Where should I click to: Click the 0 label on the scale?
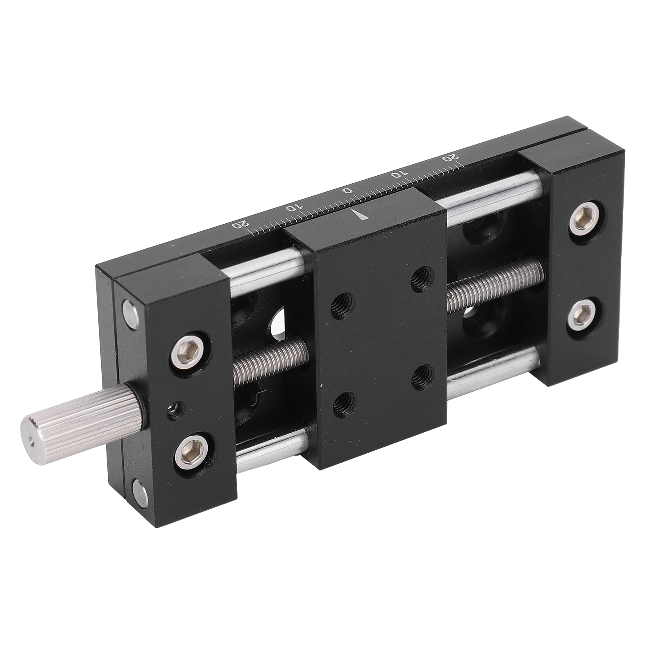pos(347,190)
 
